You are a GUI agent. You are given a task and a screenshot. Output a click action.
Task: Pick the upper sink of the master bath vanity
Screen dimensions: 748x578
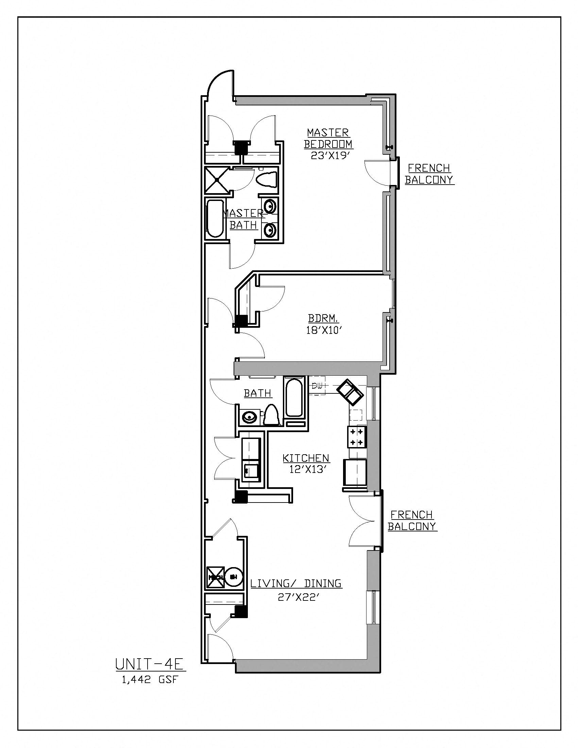point(271,206)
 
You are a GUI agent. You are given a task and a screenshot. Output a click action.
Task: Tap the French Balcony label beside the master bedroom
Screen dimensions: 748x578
point(429,174)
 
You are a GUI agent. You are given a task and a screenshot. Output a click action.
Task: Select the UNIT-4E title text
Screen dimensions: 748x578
point(150,664)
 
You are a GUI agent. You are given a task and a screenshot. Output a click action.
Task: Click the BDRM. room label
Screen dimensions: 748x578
point(324,319)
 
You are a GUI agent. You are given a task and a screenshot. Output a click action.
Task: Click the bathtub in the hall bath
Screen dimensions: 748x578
point(294,397)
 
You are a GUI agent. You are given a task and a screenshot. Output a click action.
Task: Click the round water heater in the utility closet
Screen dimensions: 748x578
point(235,577)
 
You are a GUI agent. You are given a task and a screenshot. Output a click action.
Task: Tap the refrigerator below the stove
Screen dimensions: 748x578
point(355,473)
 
